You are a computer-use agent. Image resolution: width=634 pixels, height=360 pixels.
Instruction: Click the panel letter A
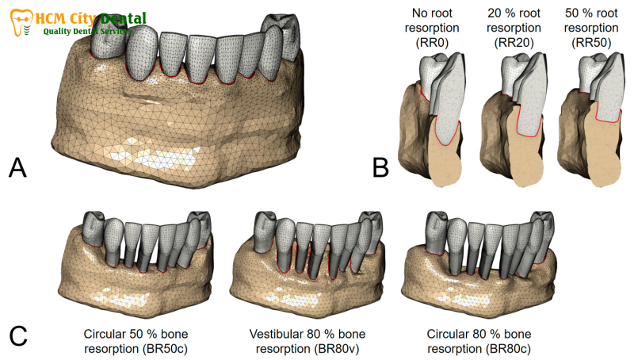click(x=17, y=167)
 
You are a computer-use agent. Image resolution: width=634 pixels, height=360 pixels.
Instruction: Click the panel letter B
click(x=380, y=167)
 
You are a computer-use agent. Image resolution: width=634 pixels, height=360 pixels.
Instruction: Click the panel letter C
click(x=18, y=335)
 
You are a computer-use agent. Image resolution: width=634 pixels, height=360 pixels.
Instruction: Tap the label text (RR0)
click(x=432, y=43)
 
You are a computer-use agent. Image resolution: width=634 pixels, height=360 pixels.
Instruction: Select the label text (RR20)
click(x=514, y=43)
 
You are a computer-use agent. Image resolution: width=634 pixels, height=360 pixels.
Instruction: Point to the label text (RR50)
click(x=591, y=43)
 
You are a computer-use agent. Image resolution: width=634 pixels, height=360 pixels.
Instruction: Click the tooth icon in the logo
click(x=22, y=22)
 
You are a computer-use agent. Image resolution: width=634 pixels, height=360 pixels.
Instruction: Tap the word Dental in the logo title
click(x=123, y=18)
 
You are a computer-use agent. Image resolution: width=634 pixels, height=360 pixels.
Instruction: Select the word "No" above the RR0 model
click(x=420, y=13)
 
